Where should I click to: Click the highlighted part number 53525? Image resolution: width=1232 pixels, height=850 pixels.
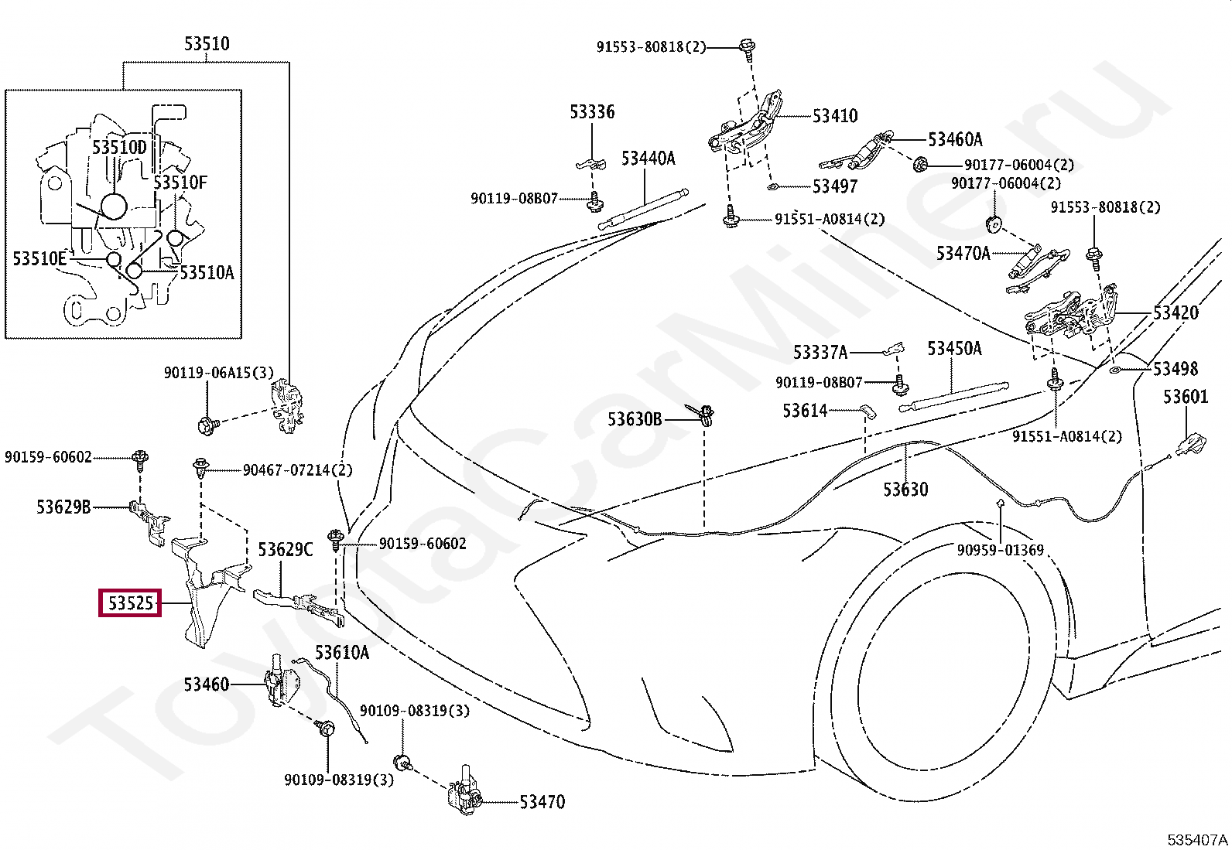[130, 603]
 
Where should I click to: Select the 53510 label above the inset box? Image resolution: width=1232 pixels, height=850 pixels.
[207, 43]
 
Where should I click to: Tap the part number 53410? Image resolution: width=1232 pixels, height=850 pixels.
[835, 115]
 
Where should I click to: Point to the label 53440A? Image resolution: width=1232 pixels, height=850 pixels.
[648, 159]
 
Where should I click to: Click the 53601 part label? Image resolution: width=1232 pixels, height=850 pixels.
[1186, 397]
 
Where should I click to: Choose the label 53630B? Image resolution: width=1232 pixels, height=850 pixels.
[635, 419]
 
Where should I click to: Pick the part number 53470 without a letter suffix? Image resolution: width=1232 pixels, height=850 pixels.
[542, 802]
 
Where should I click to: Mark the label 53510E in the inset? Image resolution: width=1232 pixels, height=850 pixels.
[39, 258]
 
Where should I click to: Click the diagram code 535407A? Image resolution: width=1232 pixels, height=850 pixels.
[1197, 839]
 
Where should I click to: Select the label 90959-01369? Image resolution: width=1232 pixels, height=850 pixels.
[1000, 550]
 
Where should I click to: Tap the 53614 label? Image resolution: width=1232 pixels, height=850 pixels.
[805, 410]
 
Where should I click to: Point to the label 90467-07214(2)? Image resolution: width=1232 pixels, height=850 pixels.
[297, 470]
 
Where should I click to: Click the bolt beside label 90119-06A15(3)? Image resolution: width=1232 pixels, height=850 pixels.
[208, 425]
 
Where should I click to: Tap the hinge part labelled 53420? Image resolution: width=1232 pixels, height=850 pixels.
[1069, 316]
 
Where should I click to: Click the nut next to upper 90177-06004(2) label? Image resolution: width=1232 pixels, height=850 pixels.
[919, 164]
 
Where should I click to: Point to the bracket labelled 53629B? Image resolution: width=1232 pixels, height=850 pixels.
[149, 521]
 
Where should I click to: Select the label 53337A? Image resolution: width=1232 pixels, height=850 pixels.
[820, 352]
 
